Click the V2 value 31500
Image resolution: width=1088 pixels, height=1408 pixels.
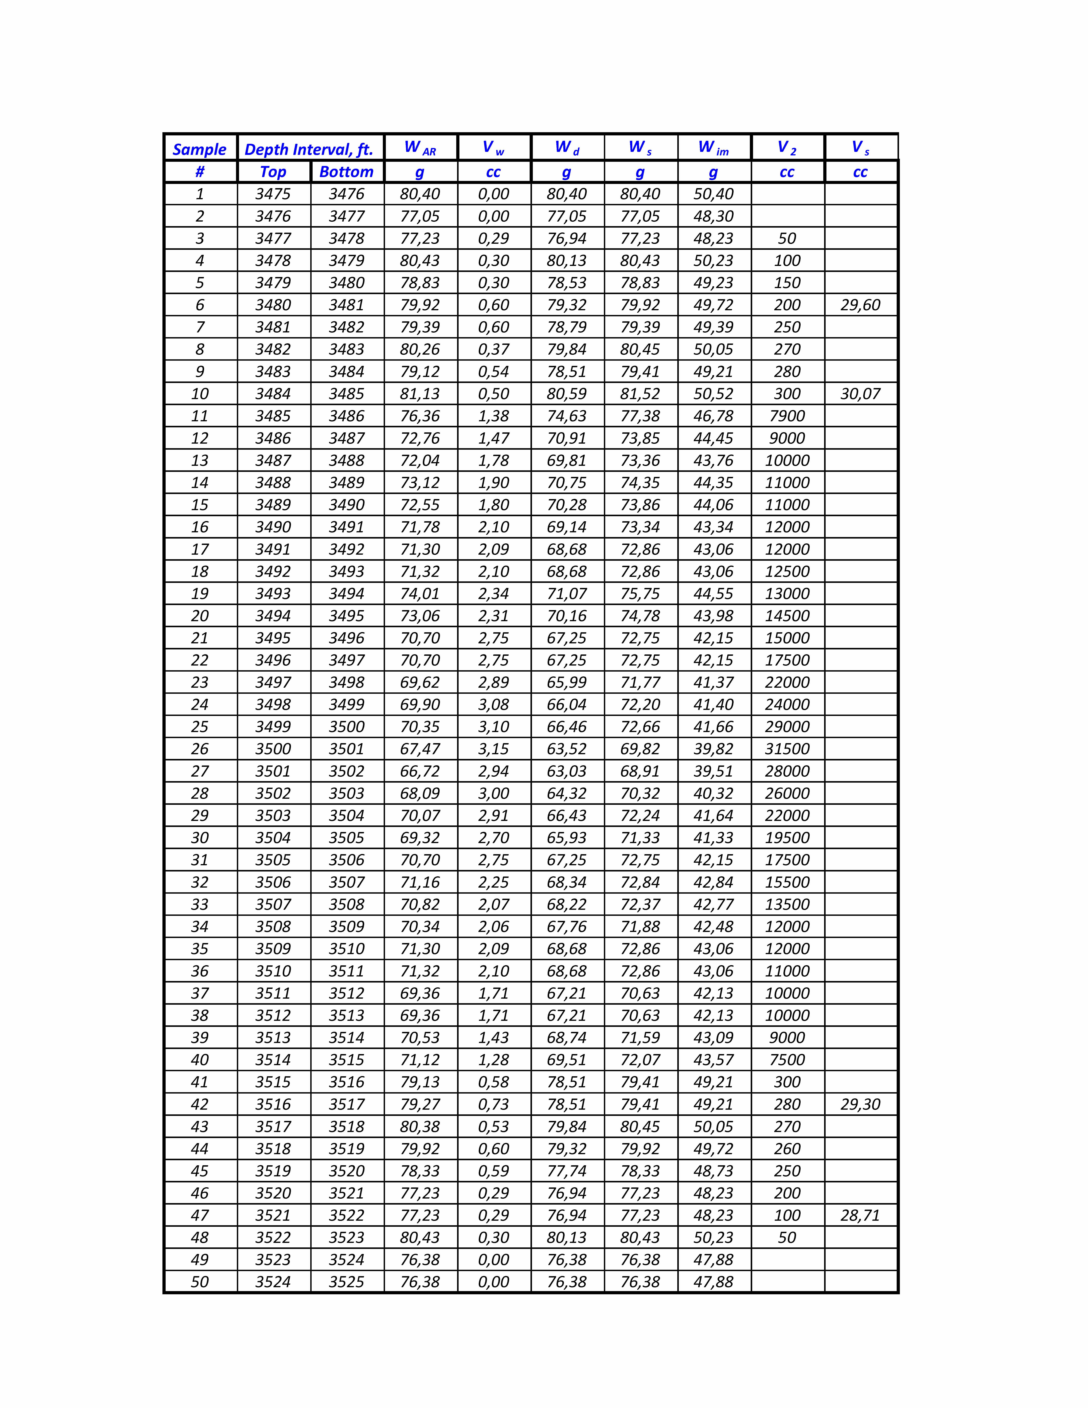click(x=787, y=749)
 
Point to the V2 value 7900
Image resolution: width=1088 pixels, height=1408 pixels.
click(x=787, y=416)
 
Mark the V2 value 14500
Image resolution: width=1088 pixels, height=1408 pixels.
click(x=787, y=616)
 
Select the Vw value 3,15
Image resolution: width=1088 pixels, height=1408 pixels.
click(x=494, y=749)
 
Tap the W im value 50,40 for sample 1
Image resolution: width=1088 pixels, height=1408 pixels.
click(x=714, y=194)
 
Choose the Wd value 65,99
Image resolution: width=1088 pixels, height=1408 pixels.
click(x=567, y=682)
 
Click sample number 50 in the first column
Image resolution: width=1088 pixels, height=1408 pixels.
click(x=200, y=1282)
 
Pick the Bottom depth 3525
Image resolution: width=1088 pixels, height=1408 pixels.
click(x=347, y=1282)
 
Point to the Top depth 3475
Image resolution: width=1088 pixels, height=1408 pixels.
click(x=273, y=194)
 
